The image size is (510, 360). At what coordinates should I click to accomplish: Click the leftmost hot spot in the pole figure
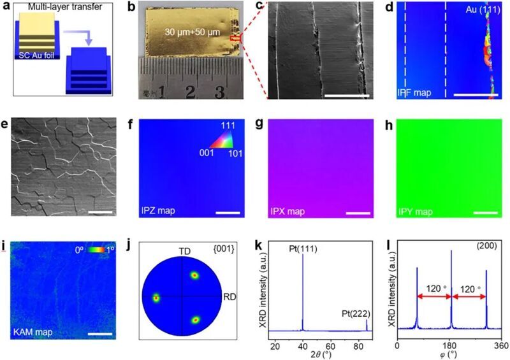point(155,298)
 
